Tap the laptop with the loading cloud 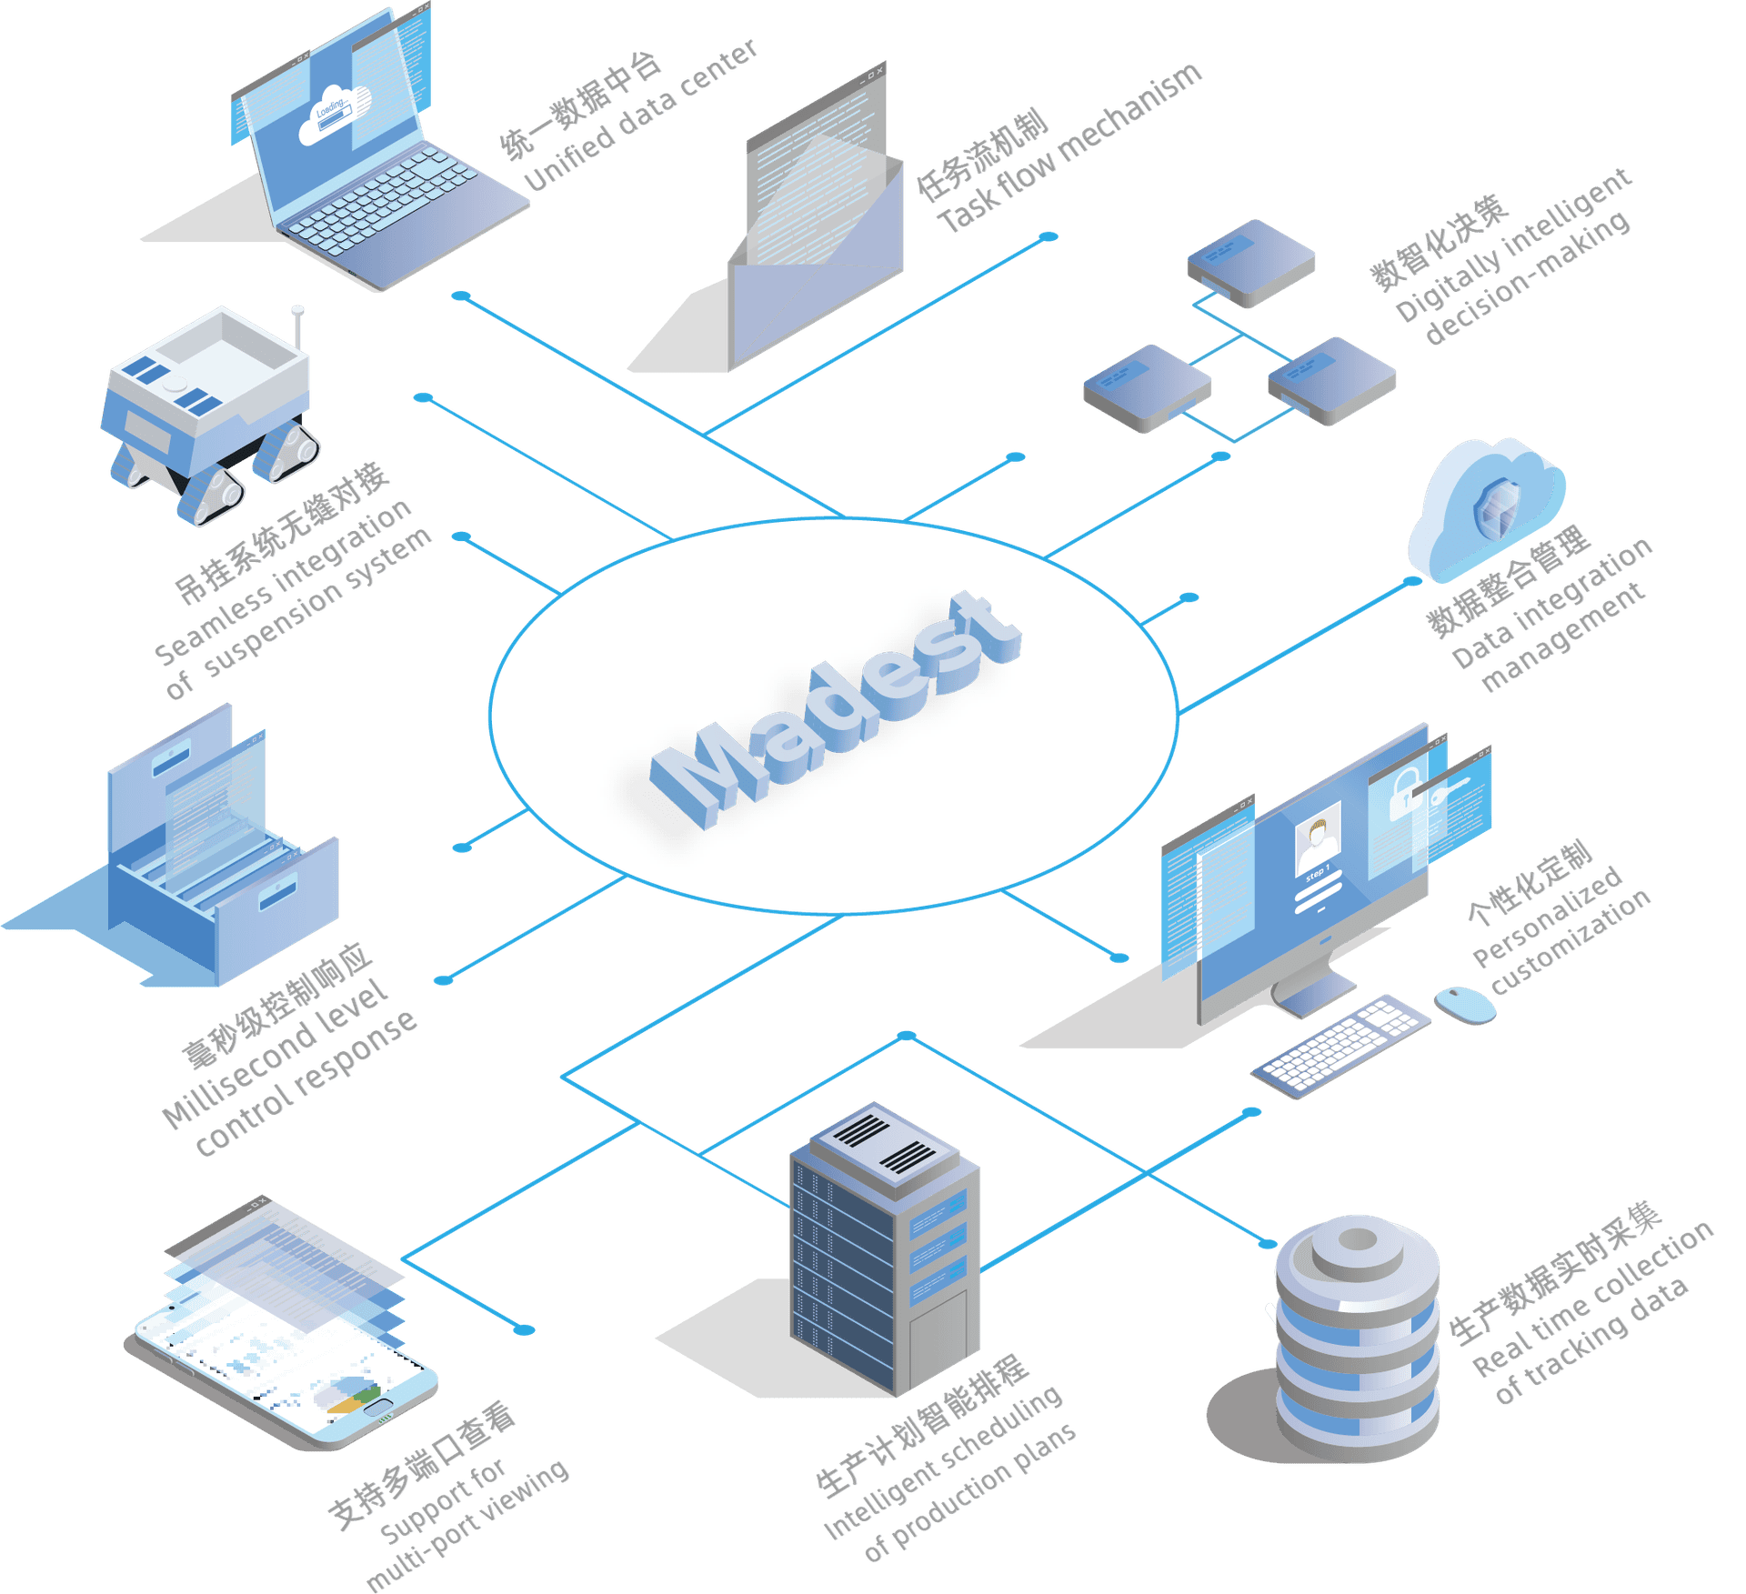click(364, 164)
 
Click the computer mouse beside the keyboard click(1465, 1003)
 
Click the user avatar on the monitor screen click(1317, 841)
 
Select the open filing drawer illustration click(223, 873)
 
